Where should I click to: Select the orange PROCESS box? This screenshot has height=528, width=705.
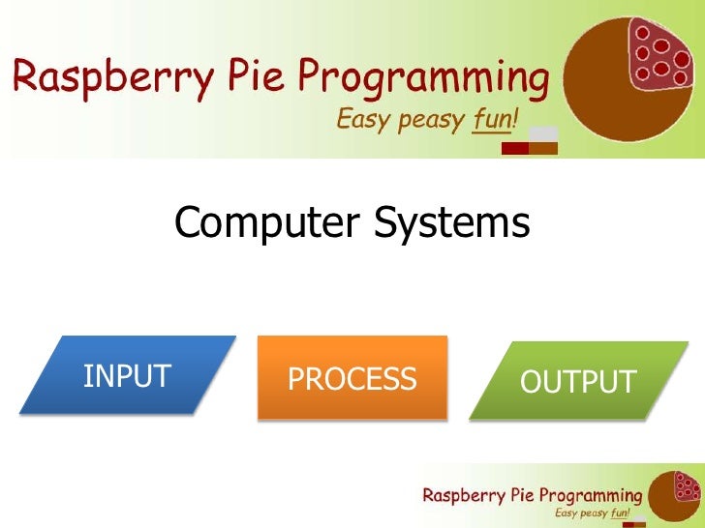[352, 378]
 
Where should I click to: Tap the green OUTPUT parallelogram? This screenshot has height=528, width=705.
[577, 381]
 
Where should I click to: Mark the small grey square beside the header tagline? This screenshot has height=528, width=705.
[544, 133]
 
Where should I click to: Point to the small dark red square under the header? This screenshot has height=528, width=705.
[514, 148]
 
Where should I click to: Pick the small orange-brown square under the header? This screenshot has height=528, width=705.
[544, 148]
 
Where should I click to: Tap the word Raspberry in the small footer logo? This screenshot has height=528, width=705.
[462, 495]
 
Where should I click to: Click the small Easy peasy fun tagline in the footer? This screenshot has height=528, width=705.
[593, 514]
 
